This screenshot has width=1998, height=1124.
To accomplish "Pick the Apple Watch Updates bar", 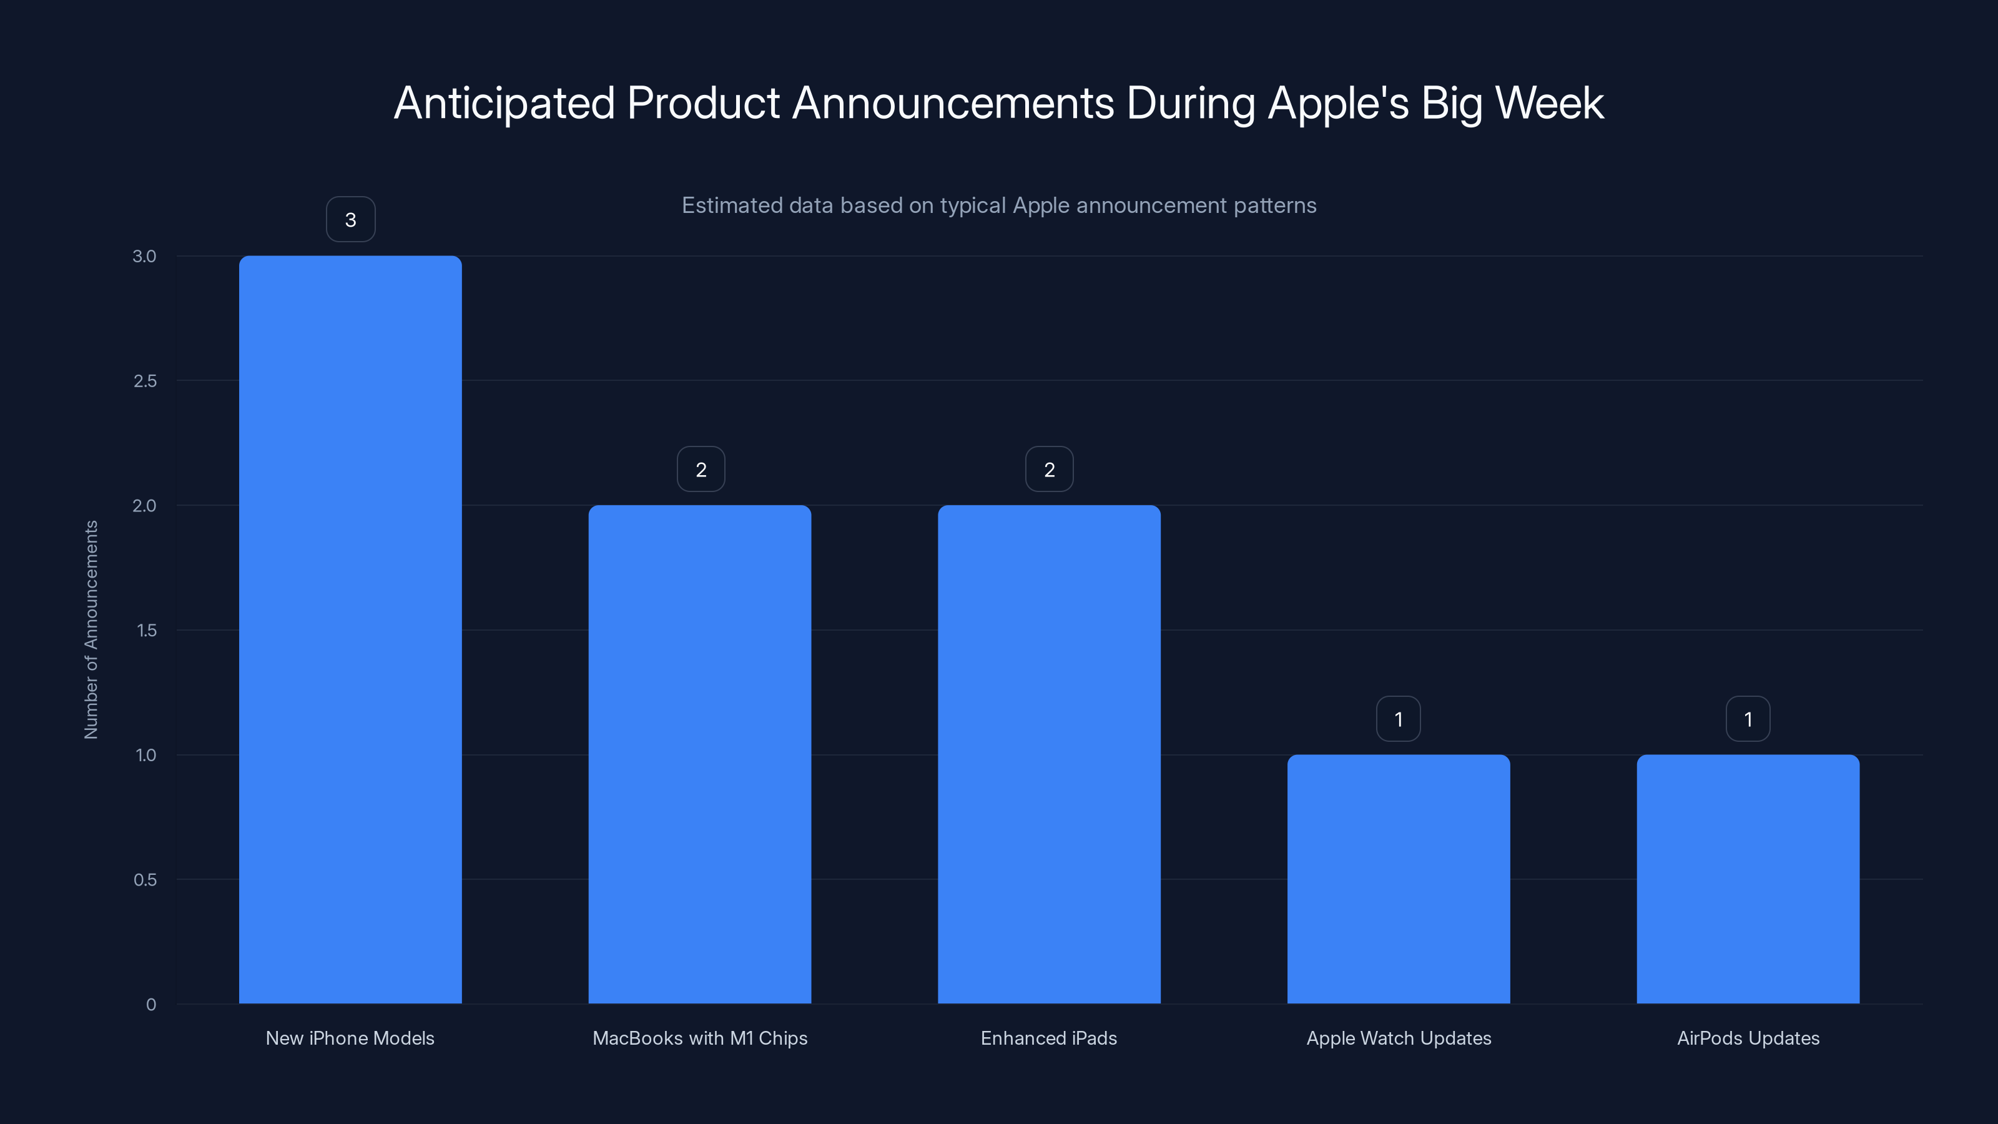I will pos(1399,879).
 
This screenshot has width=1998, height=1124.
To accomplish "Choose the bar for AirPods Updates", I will pos(1748,879).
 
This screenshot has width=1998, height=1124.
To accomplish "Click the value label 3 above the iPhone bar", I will pos(350,220).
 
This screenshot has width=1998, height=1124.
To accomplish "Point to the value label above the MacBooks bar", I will pos(701,470).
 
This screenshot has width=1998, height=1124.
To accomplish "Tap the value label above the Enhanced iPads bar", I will pos(1049,470).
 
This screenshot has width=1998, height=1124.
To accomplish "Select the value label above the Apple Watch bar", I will pos(1398,719).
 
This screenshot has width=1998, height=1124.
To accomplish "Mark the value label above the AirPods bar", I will pos(1748,719).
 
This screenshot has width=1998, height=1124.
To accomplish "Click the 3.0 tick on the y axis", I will pos(144,256).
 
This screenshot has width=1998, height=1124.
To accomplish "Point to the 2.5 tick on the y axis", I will pos(145,381).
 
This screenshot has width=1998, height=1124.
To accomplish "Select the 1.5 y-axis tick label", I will pos(147,631).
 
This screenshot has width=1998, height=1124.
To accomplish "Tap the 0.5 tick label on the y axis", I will pos(145,880).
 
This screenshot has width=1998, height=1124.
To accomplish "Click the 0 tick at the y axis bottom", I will pos(151,1005).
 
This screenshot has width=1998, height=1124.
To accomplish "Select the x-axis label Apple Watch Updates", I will pos(1399,1038).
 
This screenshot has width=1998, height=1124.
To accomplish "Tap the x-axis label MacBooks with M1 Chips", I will pos(699,1038).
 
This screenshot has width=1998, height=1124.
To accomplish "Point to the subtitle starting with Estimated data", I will pos(999,205).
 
